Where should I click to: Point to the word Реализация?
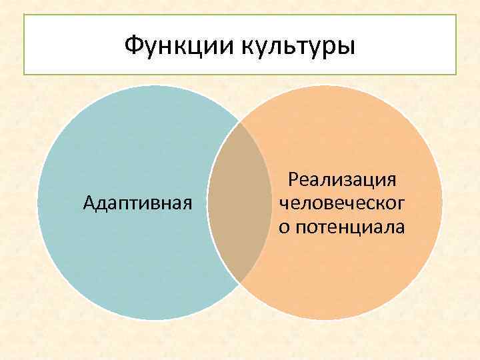point(342,179)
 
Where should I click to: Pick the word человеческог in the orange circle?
point(342,203)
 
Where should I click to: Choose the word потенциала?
point(350,227)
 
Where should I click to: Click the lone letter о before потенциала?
point(284,228)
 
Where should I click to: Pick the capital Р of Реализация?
point(291,179)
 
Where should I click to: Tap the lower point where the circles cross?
point(240,283)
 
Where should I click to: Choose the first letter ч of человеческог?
point(283,203)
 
